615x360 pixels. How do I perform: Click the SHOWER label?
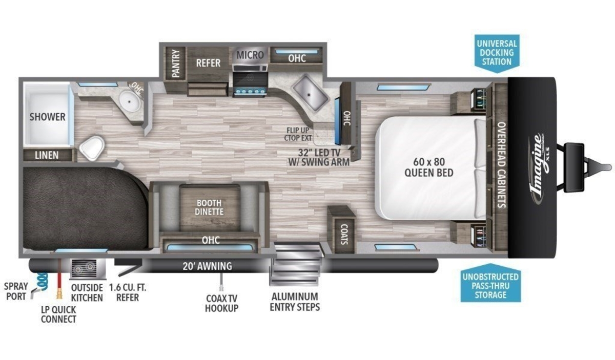tap(48, 117)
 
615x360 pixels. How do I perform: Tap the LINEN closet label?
tap(47, 156)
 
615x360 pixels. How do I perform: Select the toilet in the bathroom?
tap(92, 148)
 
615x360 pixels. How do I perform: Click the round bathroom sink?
tap(129, 101)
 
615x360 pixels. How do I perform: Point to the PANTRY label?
tap(175, 63)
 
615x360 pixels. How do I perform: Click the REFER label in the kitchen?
tap(208, 63)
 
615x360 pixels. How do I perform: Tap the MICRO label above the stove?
tap(250, 55)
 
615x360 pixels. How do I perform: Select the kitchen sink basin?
tap(311, 93)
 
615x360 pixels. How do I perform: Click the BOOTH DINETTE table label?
tap(209, 207)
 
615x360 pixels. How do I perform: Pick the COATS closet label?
tap(344, 234)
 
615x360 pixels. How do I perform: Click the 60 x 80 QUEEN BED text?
tap(429, 167)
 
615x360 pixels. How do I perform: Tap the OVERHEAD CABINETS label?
tap(502, 164)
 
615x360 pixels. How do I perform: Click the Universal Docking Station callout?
tap(497, 53)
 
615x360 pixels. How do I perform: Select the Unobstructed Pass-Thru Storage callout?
tap(490, 284)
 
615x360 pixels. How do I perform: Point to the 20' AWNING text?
tap(207, 266)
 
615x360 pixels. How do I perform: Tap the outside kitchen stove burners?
tap(84, 267)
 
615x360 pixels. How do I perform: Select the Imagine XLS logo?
tap(539, 168)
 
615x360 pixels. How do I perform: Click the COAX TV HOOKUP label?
tap(221, 304)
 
